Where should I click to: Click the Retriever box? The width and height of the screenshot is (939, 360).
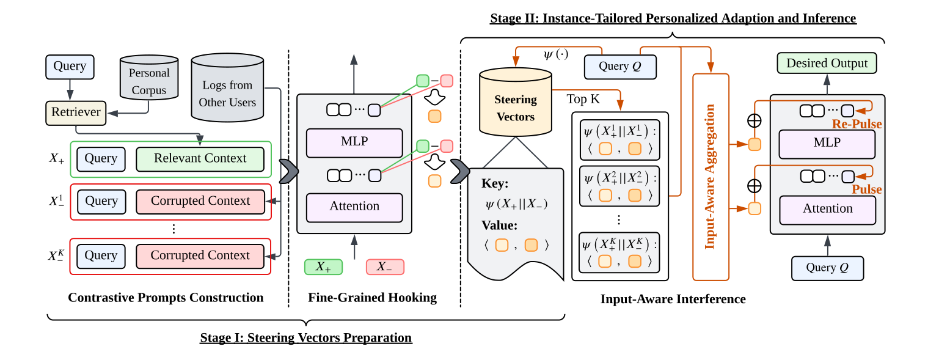76,112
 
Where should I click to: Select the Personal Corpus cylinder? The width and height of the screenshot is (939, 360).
148,81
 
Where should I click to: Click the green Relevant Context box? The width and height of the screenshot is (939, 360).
200,159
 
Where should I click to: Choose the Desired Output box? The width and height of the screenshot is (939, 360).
827,64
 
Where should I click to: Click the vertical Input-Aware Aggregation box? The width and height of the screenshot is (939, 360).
711,177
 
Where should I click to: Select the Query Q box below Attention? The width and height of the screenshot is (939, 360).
828,268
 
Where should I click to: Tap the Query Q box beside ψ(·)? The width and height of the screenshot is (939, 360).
619,67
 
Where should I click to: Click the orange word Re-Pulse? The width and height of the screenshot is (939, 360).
857,124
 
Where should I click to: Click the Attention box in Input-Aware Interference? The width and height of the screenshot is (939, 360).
827,209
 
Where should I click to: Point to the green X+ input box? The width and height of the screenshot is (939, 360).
323,267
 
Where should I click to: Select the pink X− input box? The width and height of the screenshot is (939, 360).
385,267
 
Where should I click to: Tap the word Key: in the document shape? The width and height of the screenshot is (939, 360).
495,184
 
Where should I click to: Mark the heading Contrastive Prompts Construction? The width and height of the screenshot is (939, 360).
166,298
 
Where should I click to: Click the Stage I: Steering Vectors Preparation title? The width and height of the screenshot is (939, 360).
306,337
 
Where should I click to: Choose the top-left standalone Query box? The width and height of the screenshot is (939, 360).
70,67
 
